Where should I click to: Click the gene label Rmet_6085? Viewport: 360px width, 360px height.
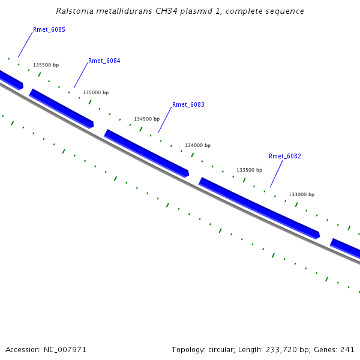[x=49, y=29]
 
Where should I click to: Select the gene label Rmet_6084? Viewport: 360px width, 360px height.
[x=104, y=61]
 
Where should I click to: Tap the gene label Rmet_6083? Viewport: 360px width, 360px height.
[x=188, y=104]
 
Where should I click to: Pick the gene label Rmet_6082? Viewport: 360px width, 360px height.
[x=284, y=156]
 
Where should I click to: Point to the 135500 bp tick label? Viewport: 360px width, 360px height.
[x=46, y=65]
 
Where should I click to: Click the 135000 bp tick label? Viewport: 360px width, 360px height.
[x=95, y=92]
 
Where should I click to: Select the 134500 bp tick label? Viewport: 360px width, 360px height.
[x=146, y=119]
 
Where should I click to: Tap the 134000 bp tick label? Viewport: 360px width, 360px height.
[x=197, y=145]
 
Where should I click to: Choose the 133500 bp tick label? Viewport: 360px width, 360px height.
[x=249, y=170]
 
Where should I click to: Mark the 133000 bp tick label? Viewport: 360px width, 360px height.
[x=301, y=194]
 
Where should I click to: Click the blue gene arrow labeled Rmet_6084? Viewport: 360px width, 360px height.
[x=62, y=109]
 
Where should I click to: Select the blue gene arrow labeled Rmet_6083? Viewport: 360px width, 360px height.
[x=146, y=153]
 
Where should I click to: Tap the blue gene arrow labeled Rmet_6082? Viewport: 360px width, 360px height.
[x=259, y=208]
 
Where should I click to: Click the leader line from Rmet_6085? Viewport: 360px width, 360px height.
[x=25, y=44]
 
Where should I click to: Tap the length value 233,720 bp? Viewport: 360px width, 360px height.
[x=293, y=349]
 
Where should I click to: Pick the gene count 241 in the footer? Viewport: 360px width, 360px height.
[x=347, y=349]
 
